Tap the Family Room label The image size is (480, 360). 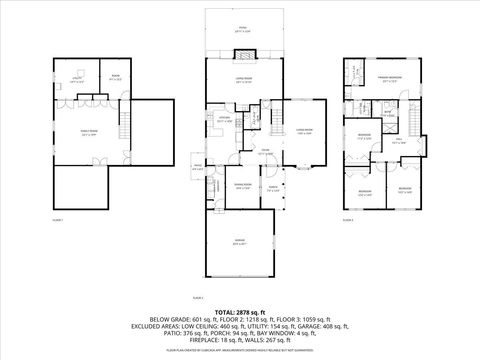click(x=89, y=132)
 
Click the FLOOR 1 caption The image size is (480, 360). click(x=57, y=218)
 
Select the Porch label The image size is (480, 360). click(x=271, y=186)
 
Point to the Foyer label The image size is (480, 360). click(x=265, y=151)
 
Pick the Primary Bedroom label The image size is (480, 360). click(x=390, y=78)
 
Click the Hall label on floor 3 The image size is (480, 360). click(x=399, y=142)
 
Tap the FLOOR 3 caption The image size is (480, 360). click(x=348, y=218)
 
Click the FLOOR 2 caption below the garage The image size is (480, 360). click(x=197, y=298)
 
